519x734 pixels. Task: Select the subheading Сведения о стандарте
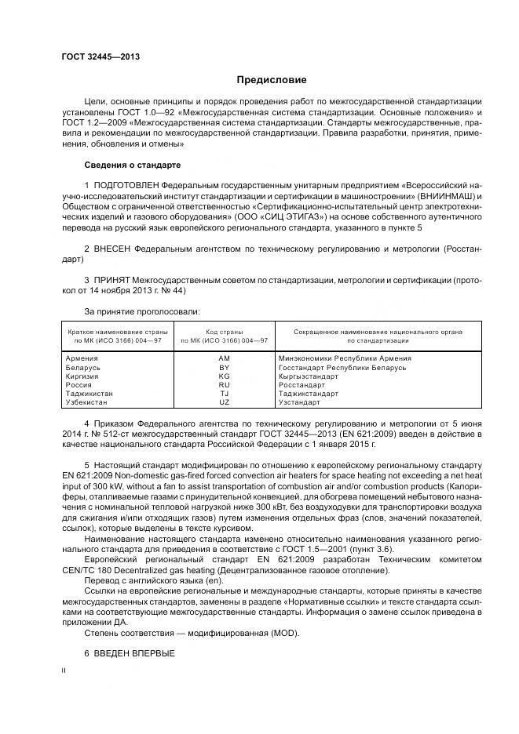pos(133,165)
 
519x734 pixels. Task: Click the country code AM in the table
pos(224,358)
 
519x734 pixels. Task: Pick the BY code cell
pos(224,367)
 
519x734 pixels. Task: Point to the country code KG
pos(224,376)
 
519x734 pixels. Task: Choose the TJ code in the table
pos(224,394)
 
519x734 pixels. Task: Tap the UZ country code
pos(224,402)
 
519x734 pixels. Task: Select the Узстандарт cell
pos(299,402)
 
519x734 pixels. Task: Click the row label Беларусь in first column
pos(84,367)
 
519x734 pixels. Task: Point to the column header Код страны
pos(224,332)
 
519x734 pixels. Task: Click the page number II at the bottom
pos(64,670)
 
